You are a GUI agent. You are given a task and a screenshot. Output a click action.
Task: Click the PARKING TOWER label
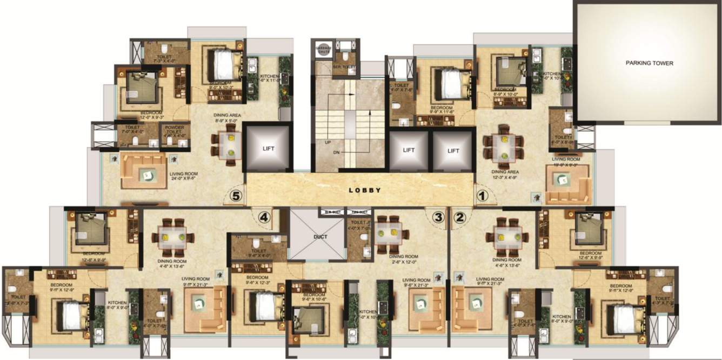click(650, 63)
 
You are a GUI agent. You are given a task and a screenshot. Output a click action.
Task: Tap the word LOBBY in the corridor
click(365, 190)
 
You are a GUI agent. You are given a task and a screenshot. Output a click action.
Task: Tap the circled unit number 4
click(263, 217)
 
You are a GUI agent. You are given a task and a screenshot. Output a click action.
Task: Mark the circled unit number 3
click(438, 217)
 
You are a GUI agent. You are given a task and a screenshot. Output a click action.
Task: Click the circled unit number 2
click(460, 217)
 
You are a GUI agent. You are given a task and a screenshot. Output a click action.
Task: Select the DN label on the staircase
click(336, 153)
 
